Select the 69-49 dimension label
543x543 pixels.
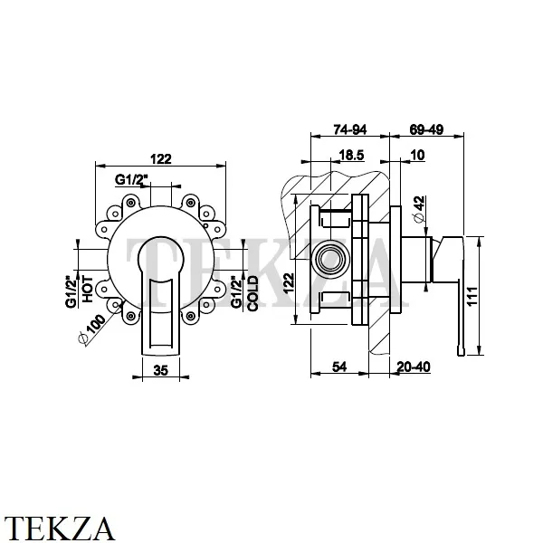coord(425,129)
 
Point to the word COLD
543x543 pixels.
coord(253,293)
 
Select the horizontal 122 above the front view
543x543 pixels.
coord(160,159)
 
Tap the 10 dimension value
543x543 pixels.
coord(416,156)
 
